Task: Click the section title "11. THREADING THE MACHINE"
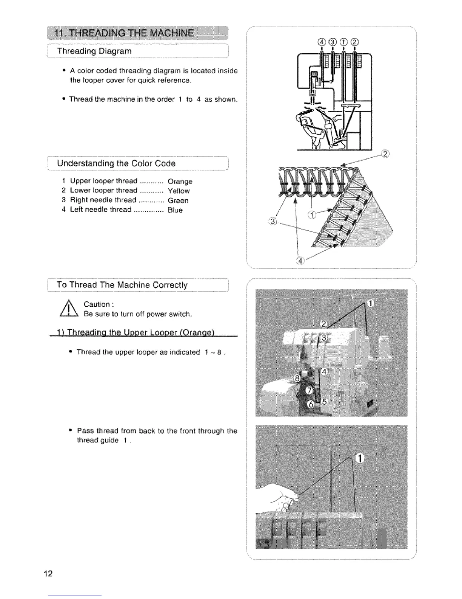click(125, 33)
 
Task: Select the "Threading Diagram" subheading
click(94, 51)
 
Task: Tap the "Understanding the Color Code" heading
click(116, 163)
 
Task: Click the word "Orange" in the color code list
click(180, 182)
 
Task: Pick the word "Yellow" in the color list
click(179, 191)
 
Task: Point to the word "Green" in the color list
click(178, 200)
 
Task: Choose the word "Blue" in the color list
click(175, 210)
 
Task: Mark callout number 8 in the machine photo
click(297, 378)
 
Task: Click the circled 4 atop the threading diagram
click(322, 41)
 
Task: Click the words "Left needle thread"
click(101, 209)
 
